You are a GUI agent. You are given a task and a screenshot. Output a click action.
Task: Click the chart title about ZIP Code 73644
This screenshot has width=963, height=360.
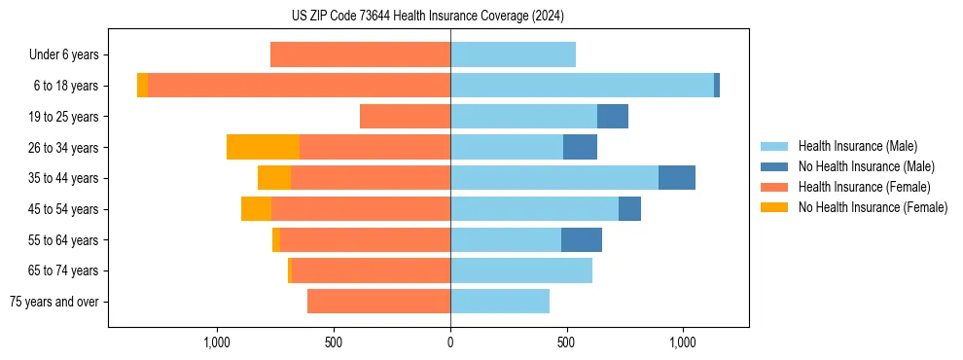(x=427, y=16)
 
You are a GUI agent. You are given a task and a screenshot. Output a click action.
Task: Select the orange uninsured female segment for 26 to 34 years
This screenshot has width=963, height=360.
(x=263, y=147)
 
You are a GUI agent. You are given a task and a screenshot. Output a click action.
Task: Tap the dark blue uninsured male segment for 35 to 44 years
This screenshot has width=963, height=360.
(x=676, y=178)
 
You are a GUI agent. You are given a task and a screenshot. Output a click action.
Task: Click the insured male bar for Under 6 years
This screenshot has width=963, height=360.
(x=513, y=54)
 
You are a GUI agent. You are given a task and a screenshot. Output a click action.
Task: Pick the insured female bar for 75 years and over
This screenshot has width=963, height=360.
(x=378, y=302)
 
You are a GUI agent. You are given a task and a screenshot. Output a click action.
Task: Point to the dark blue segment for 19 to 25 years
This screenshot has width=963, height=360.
(x=612, y=117)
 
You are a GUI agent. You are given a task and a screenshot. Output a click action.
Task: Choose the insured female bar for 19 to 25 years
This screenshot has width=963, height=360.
(x=405, y=117)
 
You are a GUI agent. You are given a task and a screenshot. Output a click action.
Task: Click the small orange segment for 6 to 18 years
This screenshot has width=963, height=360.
(x=142, y=86)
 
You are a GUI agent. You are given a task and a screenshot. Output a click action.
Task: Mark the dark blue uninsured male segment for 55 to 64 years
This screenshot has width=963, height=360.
(x=581, y=239)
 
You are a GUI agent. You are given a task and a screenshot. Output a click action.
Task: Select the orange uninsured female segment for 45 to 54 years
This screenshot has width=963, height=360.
(x=256, y=209)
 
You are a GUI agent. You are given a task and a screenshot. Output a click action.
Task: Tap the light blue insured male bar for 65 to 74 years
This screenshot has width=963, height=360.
(x=520, y=270)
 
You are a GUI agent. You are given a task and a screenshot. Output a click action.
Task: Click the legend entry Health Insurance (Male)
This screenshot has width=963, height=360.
(x=857, y=146)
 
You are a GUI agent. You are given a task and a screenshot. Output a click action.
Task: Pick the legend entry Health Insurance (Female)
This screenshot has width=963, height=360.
(x=864, y=187)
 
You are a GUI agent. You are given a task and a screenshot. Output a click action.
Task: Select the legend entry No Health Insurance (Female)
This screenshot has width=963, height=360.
(x=872, y=207)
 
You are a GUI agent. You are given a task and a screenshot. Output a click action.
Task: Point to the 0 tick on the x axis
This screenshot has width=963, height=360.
(x=450, y=342)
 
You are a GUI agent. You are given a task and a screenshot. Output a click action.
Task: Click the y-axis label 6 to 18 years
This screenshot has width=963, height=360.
(x=65, y=86)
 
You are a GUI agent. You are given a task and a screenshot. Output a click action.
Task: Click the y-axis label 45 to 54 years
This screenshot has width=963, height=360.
(x=63, y=209)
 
